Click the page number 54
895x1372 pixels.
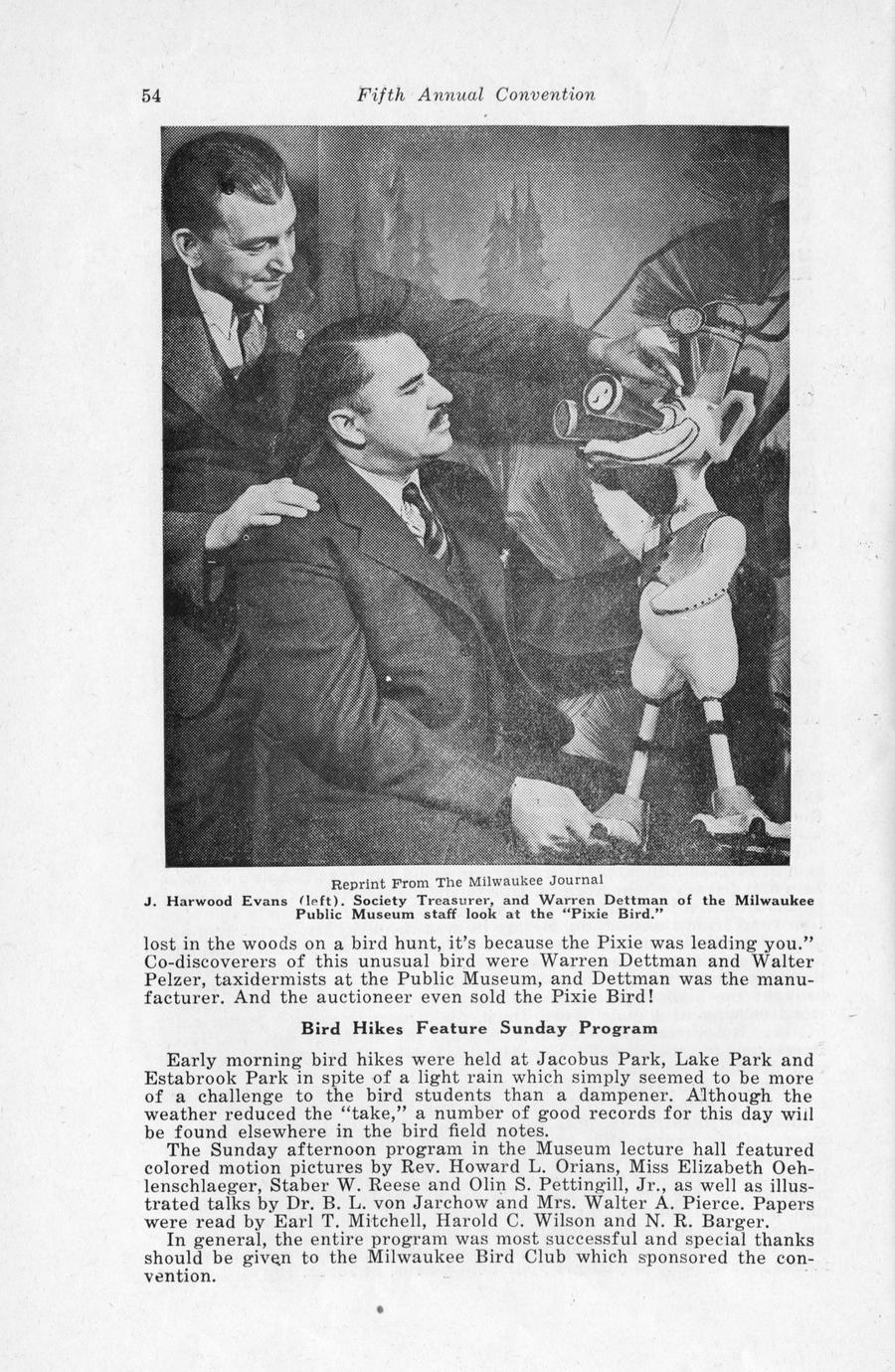[x=151, y=95]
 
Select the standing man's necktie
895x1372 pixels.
[x=251, y=333]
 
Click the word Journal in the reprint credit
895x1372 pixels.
[x=571, y=879]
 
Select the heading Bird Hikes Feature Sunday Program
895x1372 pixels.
[x=479, y=1028]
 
